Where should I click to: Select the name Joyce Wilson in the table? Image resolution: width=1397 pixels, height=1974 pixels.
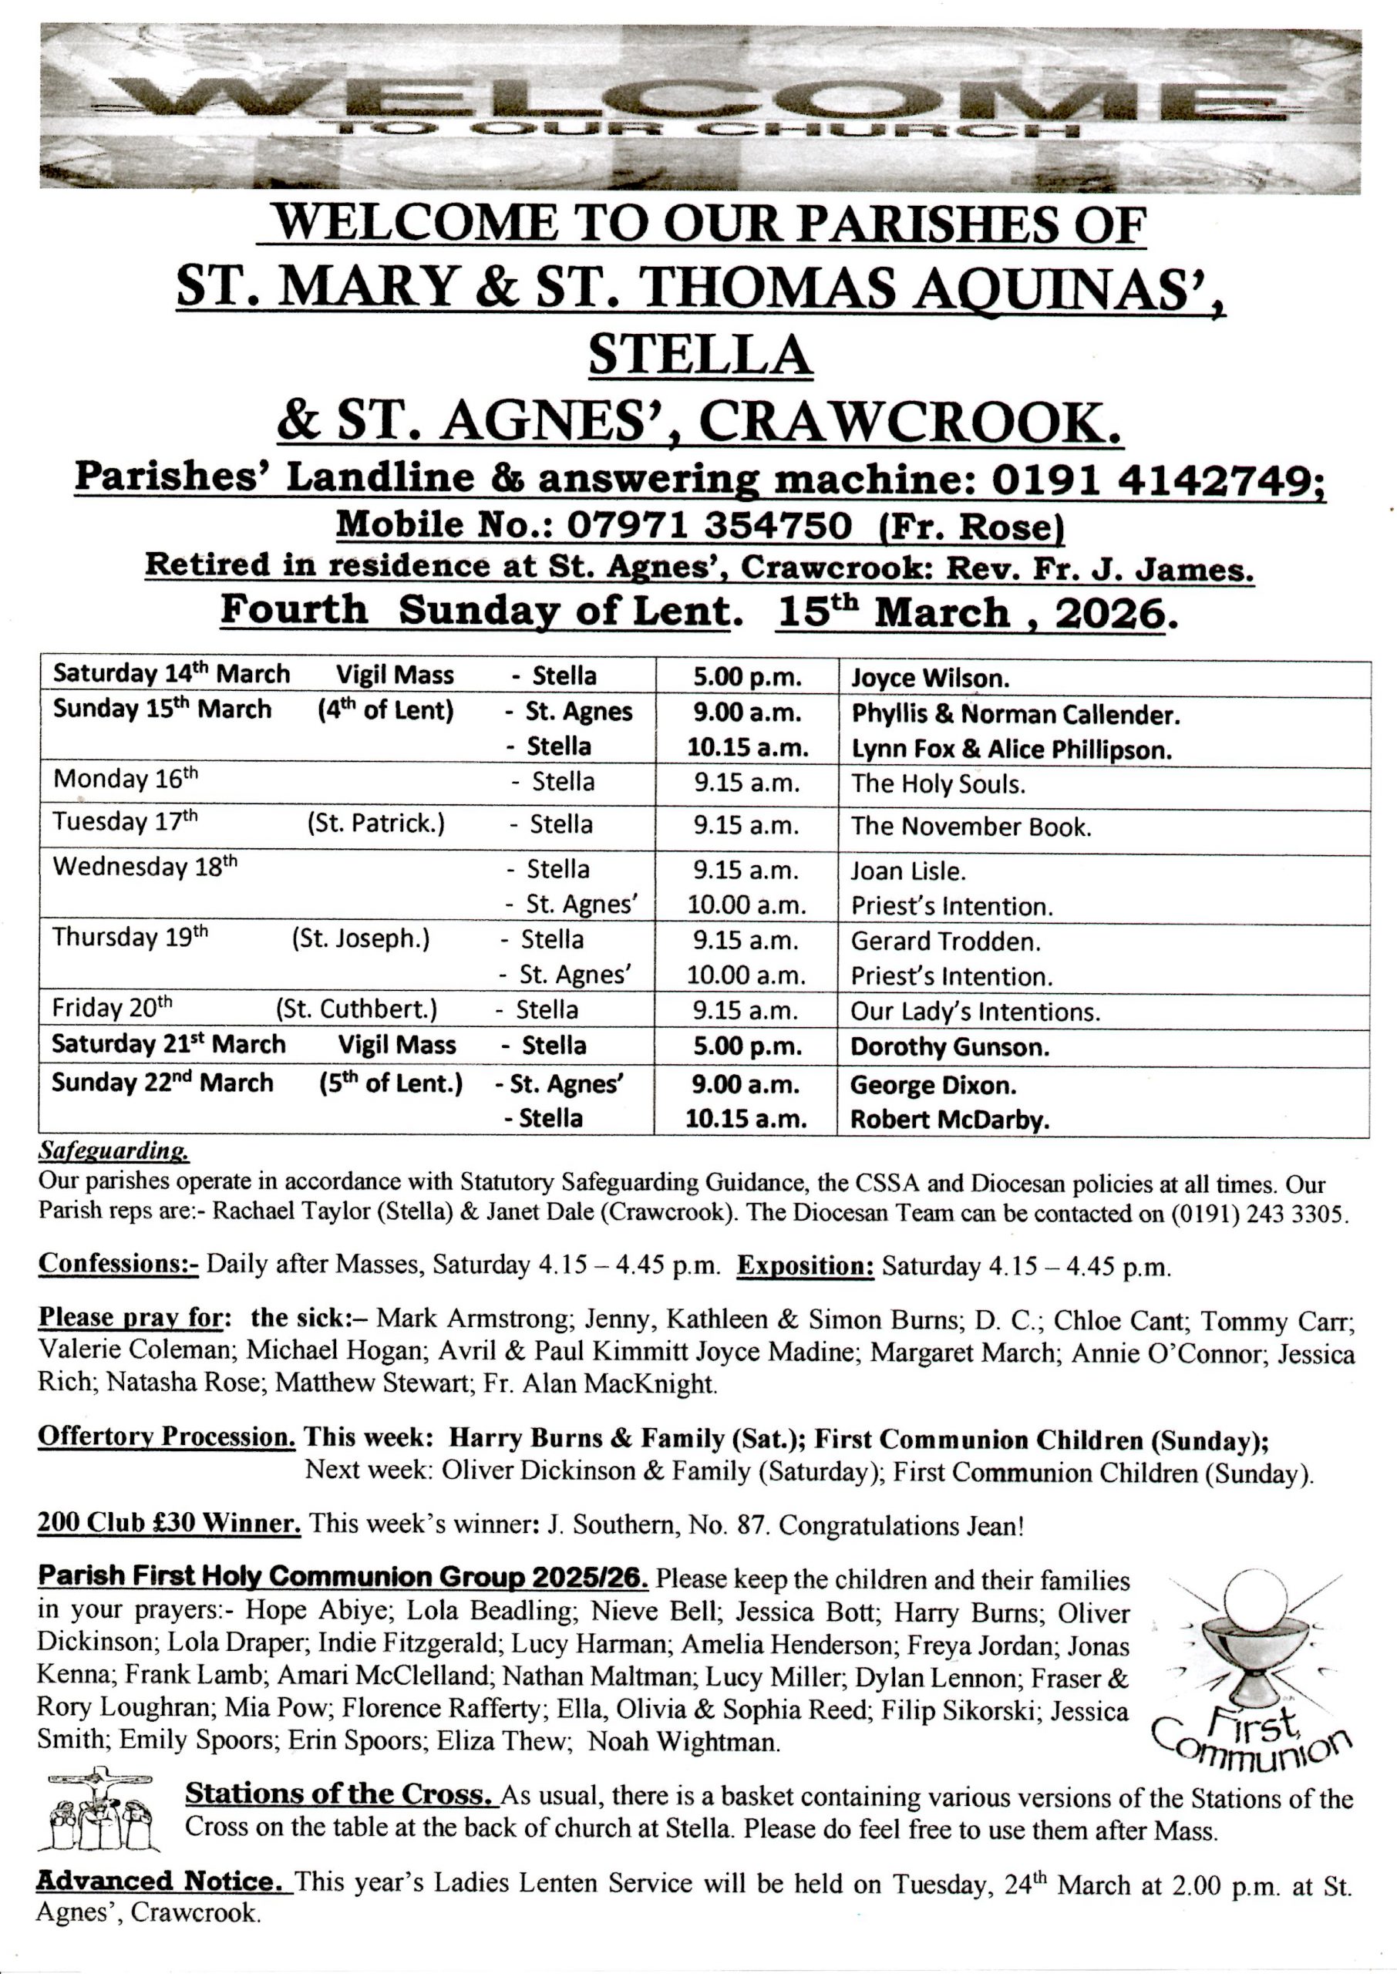pyautogui.click(x=930, y=678)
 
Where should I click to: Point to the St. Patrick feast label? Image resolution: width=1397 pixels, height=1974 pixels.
pyautogui.click(x=376, y=824)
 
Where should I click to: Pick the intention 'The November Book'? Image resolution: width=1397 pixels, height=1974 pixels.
pyautogui.click(x=971, y=827)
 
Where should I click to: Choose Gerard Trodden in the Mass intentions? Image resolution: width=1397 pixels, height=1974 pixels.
pyautogui.click(x=945, y=941)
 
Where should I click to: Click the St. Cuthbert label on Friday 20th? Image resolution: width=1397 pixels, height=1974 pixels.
pyautogui.click(x=356, y=1010)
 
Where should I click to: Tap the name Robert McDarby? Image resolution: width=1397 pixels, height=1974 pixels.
pyautogui.click(x=950, y=1120)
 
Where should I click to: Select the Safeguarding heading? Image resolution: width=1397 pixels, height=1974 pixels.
pyautogui.click(x=113, y=1150)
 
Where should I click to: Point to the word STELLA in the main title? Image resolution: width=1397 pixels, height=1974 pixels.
pyautogui.click(x=700, y=355)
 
